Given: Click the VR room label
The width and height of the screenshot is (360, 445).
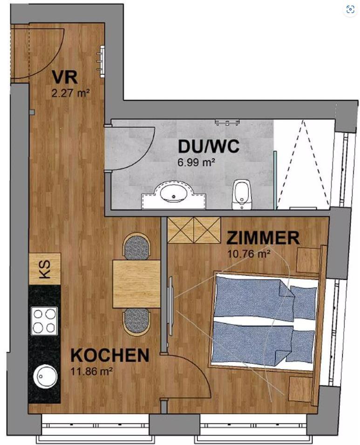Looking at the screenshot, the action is pyautogui.click(x=65, y=77).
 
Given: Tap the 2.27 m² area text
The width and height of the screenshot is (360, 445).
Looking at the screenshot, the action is pyautogui.click(x=71, y=93).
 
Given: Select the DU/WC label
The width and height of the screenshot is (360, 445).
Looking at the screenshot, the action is pyautogui.click(x=208, y=147).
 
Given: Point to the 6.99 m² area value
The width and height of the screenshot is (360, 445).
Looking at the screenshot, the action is pyautogui.click(x=196, y=163).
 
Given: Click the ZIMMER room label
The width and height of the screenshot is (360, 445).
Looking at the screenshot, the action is pyautogui.click(x=263, y=238).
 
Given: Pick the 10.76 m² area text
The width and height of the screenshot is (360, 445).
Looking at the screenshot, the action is pyautogui.click(x=249, y=253).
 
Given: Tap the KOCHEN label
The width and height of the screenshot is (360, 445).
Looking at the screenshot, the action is pyautogui.click(x=110, y=355).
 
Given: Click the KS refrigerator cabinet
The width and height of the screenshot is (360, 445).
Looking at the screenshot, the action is pyautogui.click(x=45, y=269).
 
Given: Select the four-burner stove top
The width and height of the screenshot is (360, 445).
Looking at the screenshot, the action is pyautogui.click(x=44, y=321).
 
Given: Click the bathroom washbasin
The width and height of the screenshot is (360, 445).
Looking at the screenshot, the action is pyautogui.click(x=173, y=194).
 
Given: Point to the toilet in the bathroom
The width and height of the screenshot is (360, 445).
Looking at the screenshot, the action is pyautogui.click(x=242, y=195).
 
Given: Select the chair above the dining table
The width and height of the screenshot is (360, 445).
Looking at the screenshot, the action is pyautogui.click(x=137, y=246).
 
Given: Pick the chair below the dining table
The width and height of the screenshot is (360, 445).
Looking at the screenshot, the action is pyautogui.click(x=137, y=322).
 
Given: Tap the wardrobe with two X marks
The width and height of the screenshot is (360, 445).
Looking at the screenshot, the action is pyautogui.click(x=194, y=230).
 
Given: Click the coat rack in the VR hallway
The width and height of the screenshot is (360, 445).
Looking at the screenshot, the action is pyautogui.click(x=102, y=61).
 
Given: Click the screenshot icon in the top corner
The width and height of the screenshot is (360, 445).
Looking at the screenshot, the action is pyautogui.click(x=350, y=9).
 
